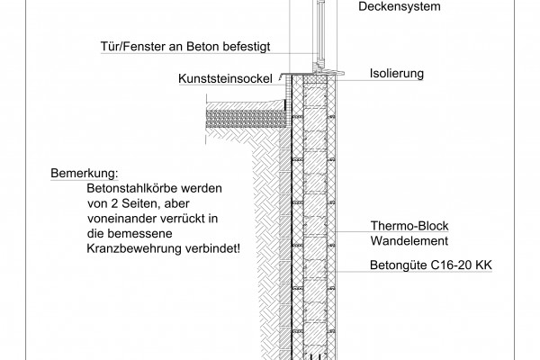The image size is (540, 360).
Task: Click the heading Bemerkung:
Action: (x=85, y=174)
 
